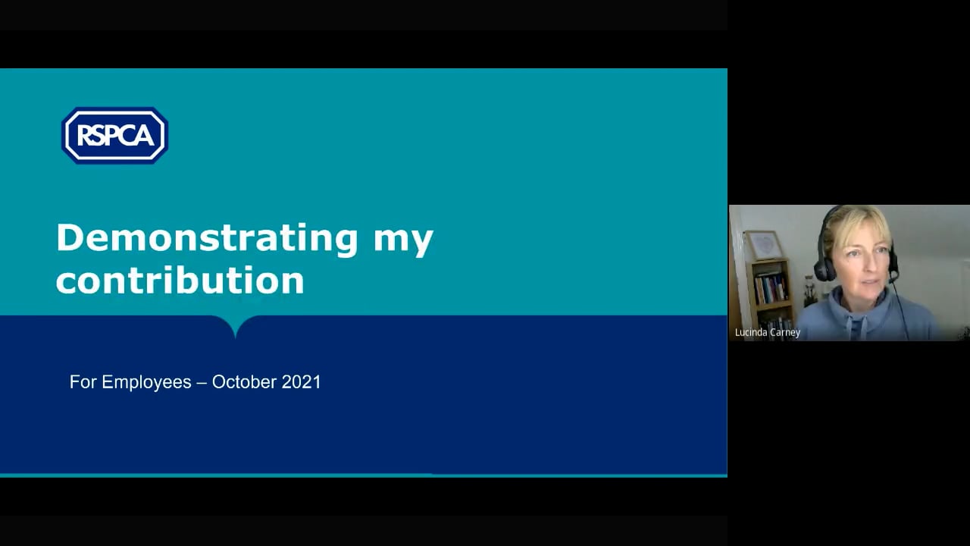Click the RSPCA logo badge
tap(114, 135)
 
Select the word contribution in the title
tap(180, 280)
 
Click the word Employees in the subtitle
tap(146, 383)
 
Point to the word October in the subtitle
tap(244, 381)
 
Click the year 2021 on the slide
tap(301, 381)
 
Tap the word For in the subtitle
tap(83, 381)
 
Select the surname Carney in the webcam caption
tap(786, 333)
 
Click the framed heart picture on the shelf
tap(765, 245)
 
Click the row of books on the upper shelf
tap(771, 287)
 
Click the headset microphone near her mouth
tap(892, 280)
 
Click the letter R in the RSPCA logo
tap(83, 135)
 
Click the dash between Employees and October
tap(202, 383)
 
